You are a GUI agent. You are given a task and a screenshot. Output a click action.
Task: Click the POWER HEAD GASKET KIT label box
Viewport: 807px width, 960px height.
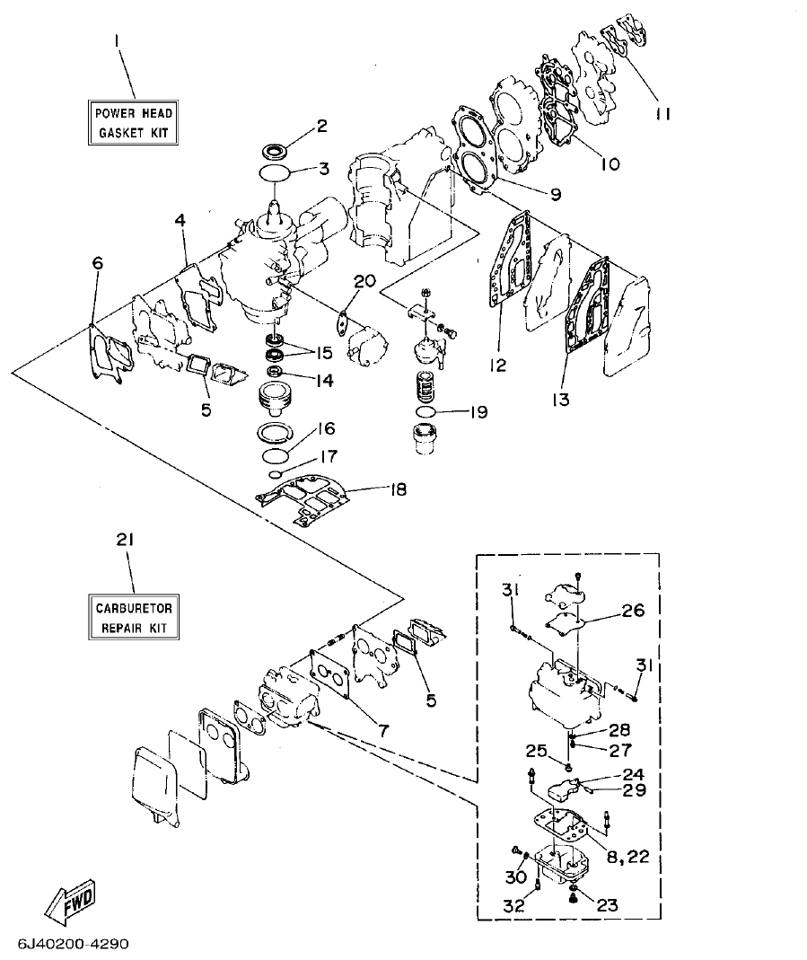click(133, 123)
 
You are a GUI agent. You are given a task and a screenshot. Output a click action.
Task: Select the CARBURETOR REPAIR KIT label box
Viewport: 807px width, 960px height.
click(133, 617)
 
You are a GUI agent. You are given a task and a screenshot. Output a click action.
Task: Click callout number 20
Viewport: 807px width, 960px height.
click(364, 282)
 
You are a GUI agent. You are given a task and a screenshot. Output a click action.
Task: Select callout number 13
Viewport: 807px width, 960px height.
click(561, 399)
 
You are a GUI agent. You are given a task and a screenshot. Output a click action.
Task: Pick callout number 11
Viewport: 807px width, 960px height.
click(663, 114)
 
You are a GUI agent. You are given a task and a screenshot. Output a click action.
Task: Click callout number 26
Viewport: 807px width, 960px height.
click(634, 612)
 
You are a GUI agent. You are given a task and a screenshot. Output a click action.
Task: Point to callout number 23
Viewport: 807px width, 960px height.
click(608, 906)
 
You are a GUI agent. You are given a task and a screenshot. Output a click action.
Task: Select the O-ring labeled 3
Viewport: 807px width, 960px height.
click(275, 171)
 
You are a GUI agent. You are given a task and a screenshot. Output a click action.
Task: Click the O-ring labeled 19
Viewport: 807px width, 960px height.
click(427, 412)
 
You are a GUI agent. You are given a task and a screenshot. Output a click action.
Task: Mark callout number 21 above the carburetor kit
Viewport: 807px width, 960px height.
click(125, 541)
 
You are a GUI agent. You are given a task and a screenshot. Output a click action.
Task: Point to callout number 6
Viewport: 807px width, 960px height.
click(97, 262)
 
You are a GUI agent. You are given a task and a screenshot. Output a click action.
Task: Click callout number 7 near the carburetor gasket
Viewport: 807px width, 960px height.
click(383, 731)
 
